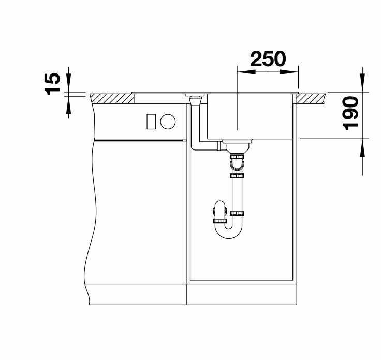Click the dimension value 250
click(268, 59)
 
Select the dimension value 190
click(350, 113)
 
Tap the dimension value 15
click(52, 84)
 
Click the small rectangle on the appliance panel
click(151, 122)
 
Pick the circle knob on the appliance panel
click(168, 122)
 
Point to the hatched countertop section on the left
click(112, 99)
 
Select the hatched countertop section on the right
click(311, 99)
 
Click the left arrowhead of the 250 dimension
click(246, 72)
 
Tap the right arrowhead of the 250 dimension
click(289, 72)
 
